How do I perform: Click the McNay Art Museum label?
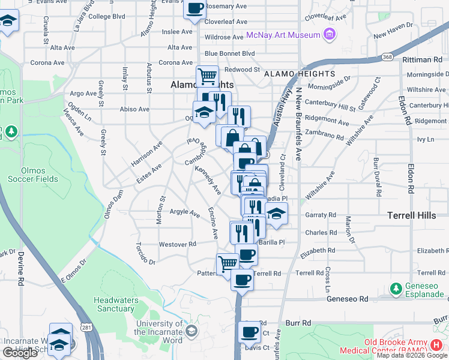283,35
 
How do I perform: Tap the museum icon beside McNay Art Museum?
329,35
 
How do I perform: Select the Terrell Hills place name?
413,214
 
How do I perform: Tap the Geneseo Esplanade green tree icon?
396,289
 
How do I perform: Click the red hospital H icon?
437,346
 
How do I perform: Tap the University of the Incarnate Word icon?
191,331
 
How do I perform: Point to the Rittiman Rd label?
422,60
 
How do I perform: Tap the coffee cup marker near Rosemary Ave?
195,9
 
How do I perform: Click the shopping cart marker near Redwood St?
207,76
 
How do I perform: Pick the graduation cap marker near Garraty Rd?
276,213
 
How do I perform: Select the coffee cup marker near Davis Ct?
249,331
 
